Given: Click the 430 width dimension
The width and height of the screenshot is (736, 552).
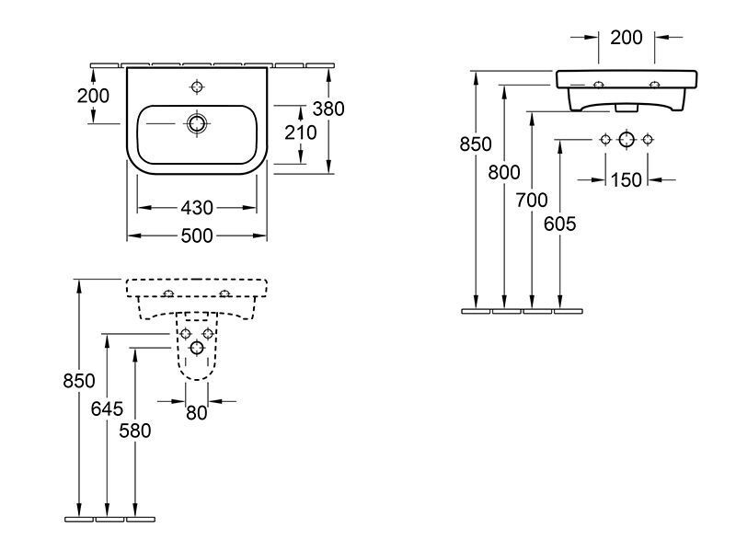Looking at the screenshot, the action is tap(197, 208).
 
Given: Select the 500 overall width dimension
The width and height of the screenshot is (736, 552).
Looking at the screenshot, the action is tap(197, 236).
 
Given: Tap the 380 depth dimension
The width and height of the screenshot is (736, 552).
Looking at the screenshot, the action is tap(328, 109).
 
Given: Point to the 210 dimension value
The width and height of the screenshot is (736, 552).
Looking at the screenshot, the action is tap(301, 132).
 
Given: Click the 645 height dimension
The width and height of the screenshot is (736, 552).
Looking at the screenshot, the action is tap(107, 408).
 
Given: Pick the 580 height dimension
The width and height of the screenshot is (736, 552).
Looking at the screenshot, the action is tap(134, 431).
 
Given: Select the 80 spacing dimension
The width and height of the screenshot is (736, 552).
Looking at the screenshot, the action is tap(196, 413).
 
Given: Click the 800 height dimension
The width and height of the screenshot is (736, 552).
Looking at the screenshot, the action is tap(503, 173).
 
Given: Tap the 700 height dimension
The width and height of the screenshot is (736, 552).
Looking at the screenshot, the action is tap(532, 201).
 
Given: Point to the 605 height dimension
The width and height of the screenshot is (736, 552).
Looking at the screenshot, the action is tap(559, 224).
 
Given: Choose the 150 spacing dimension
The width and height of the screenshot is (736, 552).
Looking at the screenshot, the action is tap(627, 179).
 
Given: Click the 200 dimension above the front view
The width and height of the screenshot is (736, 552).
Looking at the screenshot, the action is tap(627, 38).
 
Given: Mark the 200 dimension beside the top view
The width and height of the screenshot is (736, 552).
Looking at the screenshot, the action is tap(93, 96).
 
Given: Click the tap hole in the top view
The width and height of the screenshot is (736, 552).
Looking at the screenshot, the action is tap(197, 86).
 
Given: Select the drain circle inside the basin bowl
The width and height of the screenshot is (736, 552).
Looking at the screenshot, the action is tap(197, 124).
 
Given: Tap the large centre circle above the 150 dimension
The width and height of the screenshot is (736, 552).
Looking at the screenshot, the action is tap(627, 140).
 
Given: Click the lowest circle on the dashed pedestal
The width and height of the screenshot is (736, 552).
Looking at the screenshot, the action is tap(197, 348).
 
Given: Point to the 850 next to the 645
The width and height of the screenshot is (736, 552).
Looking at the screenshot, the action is tap(79, 381).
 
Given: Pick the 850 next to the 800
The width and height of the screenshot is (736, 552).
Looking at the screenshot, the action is tap(476, 144).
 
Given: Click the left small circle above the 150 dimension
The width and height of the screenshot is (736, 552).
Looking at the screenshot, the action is tap(605, 140).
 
